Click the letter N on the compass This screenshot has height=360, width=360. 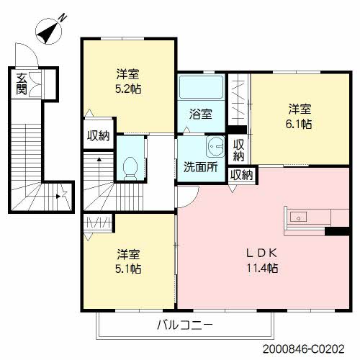[63, 18]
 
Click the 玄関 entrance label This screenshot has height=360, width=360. [22, 84]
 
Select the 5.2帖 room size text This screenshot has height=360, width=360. [128, 89]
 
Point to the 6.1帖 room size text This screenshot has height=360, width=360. [299, 124]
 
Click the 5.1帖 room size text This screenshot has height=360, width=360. [128, 269]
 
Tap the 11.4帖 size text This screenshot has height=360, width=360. [262, 268]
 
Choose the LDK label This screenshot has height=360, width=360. [262, 253]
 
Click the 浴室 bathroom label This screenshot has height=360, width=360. [201, 114]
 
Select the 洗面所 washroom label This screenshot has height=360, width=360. [201, 167]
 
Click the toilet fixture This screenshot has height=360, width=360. [130, 168]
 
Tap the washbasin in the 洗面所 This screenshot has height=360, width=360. [215, 146]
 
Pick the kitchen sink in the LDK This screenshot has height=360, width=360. [298, 217]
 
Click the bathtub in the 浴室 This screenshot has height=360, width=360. [201, 87]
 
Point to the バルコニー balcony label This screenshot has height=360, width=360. [184, 325]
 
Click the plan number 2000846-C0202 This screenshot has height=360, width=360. [303, 349]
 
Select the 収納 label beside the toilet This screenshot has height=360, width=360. [98, 136]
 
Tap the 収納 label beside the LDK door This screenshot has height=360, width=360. [241, 174]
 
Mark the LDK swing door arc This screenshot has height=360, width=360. [194, 201]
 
